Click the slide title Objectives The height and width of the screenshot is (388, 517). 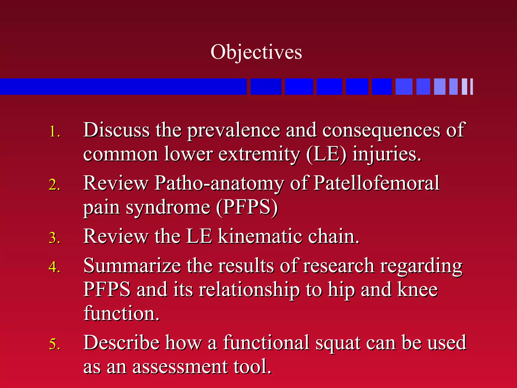pyautogui.click(x=256, y=52)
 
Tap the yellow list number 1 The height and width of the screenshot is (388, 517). pyautogui.click(x=55, y=132)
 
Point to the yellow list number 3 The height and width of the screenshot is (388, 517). pyautogui.click(x=55, y=238)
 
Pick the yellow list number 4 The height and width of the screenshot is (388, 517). pyautogui.click(x=55, y=267)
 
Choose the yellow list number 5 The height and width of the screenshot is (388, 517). pyautogui.click(x=55, y=344)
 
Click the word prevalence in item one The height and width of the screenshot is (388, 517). pyautogui.click(x=234, y=130)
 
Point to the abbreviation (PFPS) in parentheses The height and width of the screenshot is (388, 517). pyautogui.click(x=247, y=207)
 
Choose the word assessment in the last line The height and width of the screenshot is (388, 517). pyautogui.click(x=180, y=367)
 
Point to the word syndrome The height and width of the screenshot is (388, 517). pyautogui.click(x=168, y=208)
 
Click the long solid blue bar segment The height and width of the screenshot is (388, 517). pyautogui.click(x=123, y=87)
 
